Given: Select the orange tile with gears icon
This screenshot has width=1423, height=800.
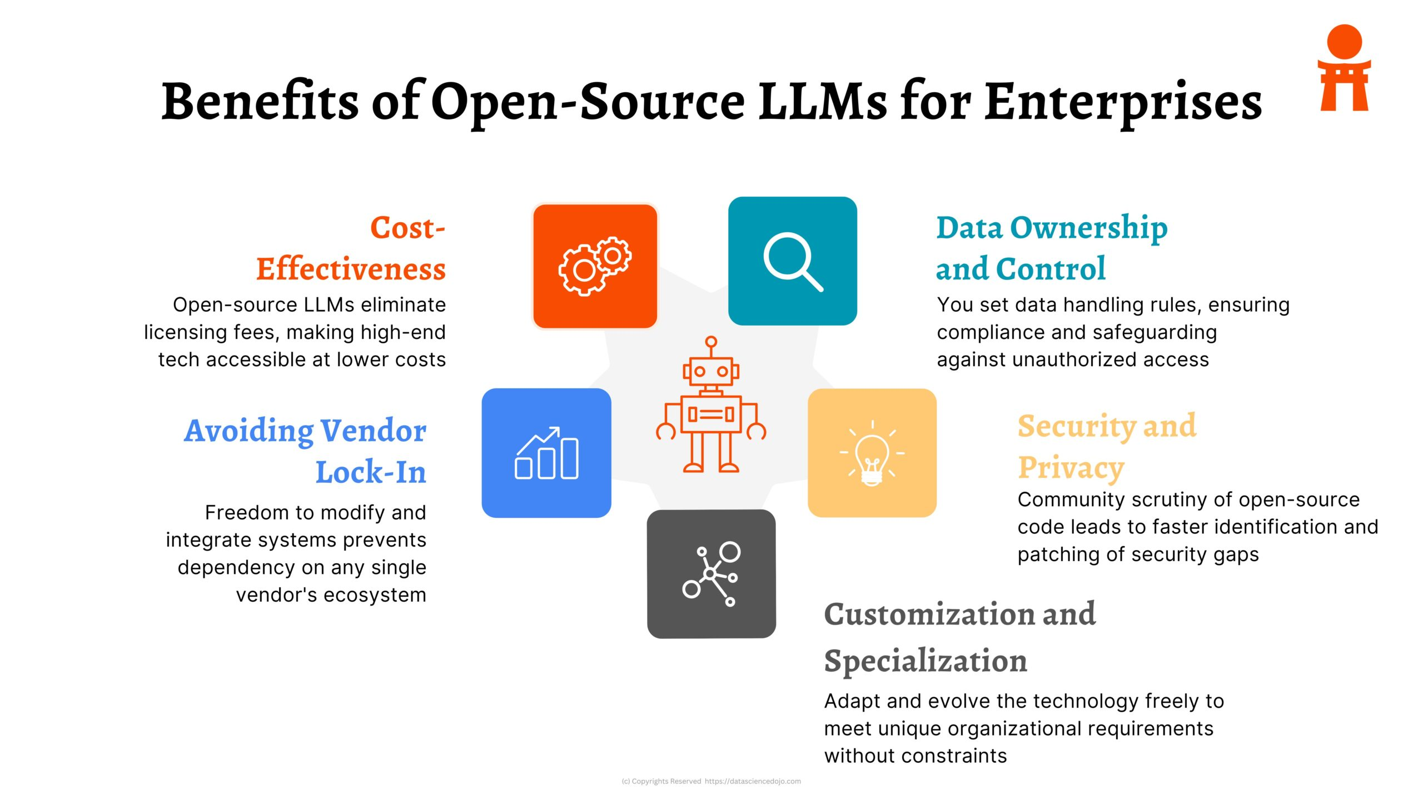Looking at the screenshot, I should coord(595,266).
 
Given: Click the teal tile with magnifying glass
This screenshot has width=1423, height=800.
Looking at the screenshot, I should coord(792,261).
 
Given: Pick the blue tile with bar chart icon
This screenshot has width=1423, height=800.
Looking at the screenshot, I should coord(546,453).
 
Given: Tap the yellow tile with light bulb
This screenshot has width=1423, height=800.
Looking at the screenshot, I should coord(872,453).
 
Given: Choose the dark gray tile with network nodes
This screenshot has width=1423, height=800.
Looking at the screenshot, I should coord(711,574).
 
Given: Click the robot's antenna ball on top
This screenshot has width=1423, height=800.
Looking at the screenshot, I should coord(711,342).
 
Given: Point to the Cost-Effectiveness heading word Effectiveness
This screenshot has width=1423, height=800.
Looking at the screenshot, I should coord(351,269).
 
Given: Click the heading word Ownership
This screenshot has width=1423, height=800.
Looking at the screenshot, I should coord(1088,228).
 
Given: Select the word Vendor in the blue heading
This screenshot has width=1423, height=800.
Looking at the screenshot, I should coord(374,431).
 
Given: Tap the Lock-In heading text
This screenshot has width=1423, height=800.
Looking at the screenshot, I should coord(371,472).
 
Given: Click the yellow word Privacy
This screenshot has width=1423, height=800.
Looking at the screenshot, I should coord(1071,468).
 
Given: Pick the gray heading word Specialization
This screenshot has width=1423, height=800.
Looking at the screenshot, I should coord(925,661).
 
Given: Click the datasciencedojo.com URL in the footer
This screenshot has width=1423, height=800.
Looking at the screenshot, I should coord(753,781).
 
